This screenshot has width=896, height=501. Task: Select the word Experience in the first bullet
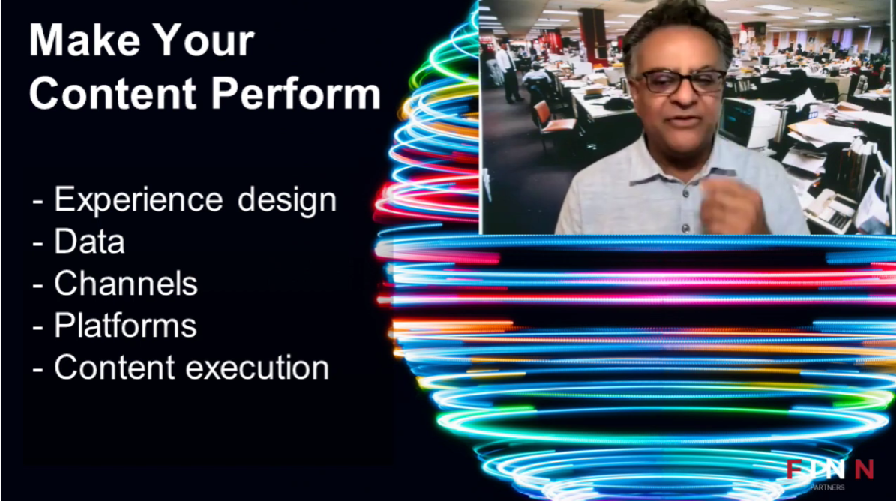pos(138,201)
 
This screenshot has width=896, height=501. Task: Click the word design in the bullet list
pos(287,200)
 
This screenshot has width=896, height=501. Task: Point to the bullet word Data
pos(89,241)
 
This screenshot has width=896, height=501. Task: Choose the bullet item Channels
pos(126,283)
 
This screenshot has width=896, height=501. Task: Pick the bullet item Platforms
pos(125,325)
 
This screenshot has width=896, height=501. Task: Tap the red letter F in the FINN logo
pos(794,469)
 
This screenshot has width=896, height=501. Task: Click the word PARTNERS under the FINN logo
pos(827,487)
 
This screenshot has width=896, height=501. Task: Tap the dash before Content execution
pos(37,368)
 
